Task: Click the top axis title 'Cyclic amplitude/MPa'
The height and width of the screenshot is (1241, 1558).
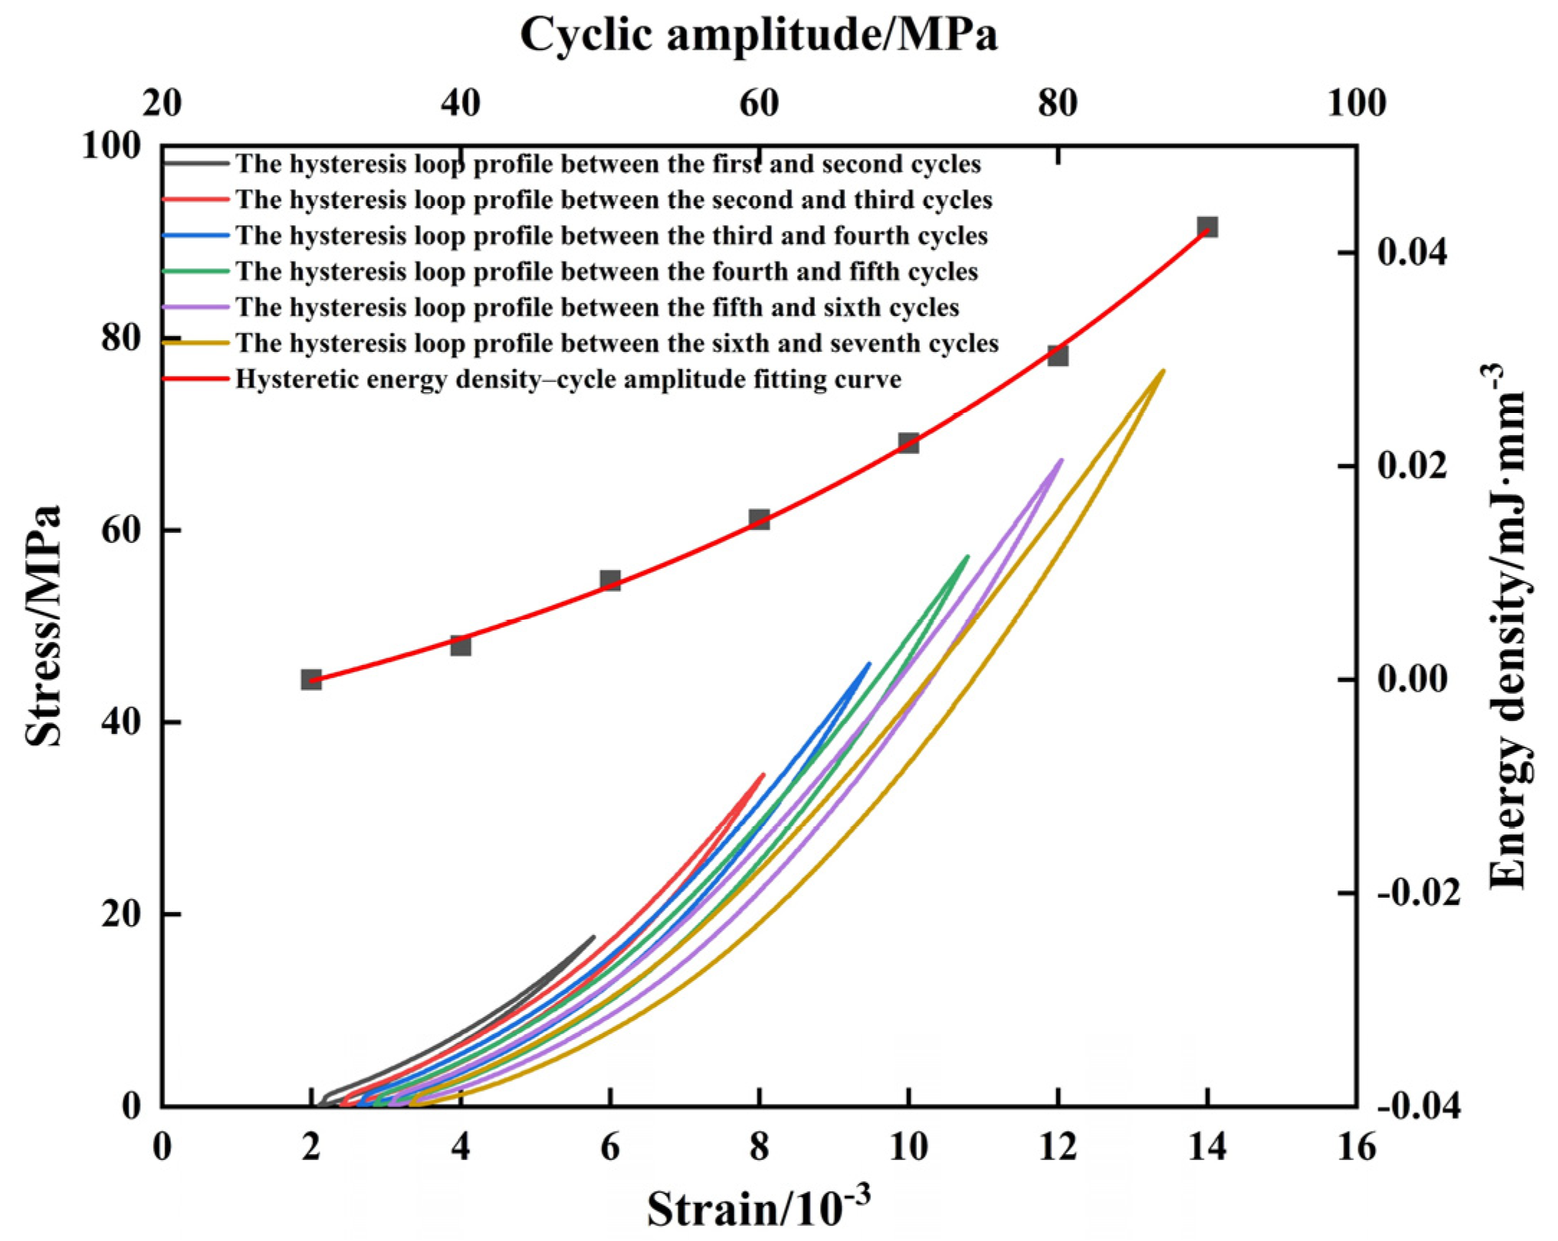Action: (759, 34)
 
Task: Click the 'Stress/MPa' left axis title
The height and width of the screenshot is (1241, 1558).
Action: (43, 626)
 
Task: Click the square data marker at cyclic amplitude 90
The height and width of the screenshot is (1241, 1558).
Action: (1207, 227)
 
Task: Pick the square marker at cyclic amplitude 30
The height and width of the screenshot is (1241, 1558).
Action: (311, 679)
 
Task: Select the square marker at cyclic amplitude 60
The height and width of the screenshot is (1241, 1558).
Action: (759, 519)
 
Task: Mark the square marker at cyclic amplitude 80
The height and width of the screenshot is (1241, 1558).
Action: (1058, 355)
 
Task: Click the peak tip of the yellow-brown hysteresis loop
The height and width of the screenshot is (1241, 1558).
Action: (1163, 371)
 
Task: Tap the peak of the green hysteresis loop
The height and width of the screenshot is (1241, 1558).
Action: (967, 556)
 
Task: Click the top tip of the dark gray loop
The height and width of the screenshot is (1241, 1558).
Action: (594, 937)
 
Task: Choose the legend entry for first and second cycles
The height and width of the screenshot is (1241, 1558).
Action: (608, 164)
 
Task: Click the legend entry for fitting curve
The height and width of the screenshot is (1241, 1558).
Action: (568, 379)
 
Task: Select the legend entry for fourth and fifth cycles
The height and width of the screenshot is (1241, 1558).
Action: (607, 271)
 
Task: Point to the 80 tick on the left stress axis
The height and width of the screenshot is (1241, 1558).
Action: (121, 338)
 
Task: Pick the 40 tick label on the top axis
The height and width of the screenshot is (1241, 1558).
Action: (461, 104)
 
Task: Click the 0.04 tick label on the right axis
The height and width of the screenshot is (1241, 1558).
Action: (1412, 253)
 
